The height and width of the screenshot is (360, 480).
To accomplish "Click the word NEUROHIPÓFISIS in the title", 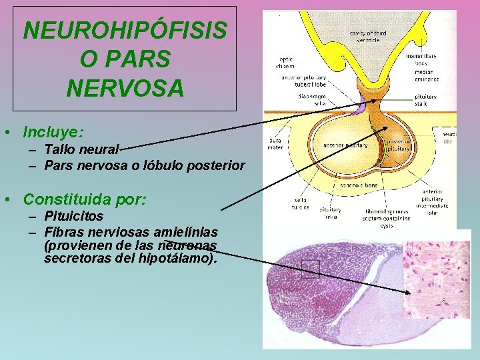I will point(125,30).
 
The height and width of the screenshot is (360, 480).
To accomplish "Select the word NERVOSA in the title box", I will point(125,87).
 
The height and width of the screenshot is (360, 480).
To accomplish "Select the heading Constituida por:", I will point(85,199).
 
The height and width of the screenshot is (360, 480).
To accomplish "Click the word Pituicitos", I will point(73,216).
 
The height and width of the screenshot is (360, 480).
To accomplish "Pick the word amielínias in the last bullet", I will point(185,231).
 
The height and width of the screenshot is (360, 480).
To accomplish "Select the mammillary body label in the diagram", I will point(421,60).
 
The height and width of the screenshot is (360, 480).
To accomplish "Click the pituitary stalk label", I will point(425,99).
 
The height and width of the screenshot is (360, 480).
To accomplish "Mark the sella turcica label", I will point(301,203).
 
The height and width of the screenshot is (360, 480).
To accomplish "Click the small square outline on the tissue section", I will point(311,267).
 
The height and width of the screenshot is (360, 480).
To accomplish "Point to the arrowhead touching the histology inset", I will point(408,291).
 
